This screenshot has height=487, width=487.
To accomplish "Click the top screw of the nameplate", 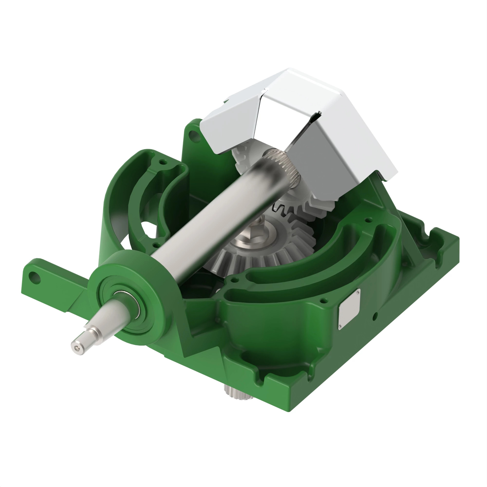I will point(358,292).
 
